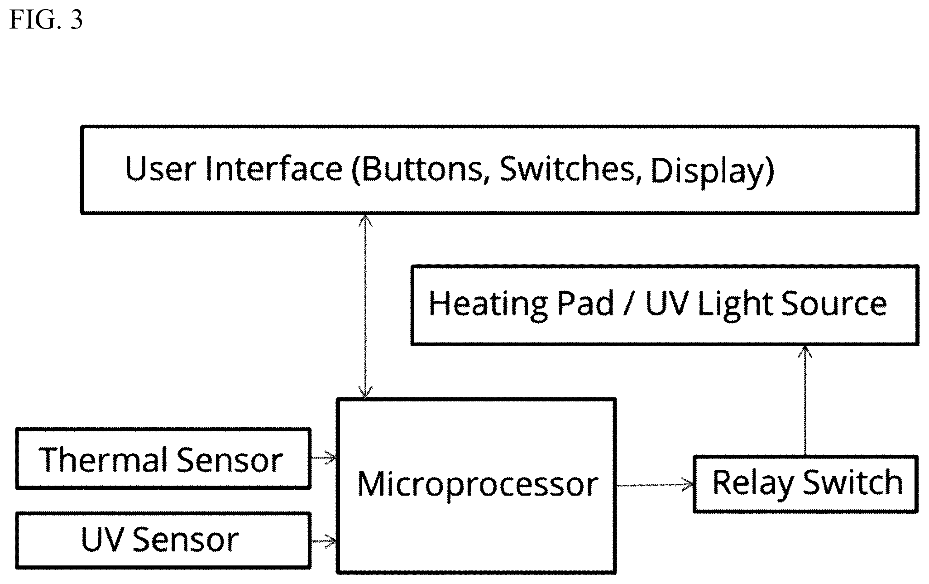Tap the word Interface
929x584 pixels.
point(273,169)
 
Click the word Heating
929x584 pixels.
point(488,305)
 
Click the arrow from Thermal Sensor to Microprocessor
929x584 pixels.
point(324,458)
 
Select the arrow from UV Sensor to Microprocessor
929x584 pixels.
point(324,541)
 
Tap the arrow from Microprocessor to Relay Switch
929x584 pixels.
point(655,485)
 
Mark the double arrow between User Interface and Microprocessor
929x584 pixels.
point(365,306)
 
